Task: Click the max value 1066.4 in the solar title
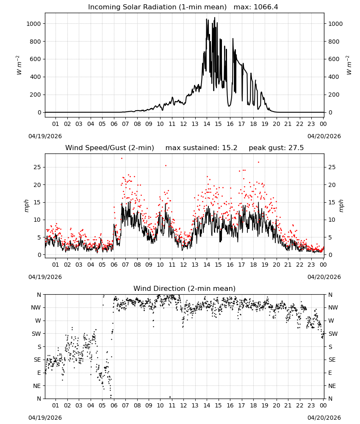click(x=266, y=7)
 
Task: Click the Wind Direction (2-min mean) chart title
click(x=185, y=288)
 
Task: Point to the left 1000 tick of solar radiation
click(x=33, y=24)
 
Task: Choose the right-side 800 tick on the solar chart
click(x=334, y=42)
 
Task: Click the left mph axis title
click(x=26, y=206)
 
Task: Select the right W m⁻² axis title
click(x=349, y=65)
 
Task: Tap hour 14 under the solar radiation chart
click(x=207, y=124)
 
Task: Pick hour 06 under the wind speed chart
click(x=114, y=265)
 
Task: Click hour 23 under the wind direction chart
click(x=311, y=405)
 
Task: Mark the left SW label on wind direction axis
click(x=36, y=334)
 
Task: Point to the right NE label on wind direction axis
click(x=332, y=386)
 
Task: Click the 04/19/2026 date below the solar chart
click(x=45, y=136)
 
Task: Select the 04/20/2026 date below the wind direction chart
click(x=324, y=418)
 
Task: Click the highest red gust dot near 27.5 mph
click(x=122, y=159)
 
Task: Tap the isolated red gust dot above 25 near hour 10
click(x=166, y=166)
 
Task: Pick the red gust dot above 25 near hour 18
click(x=258, y=162)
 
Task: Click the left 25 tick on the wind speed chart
click(x=37, y=167)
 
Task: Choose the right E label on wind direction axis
click(x=330, y=373)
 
